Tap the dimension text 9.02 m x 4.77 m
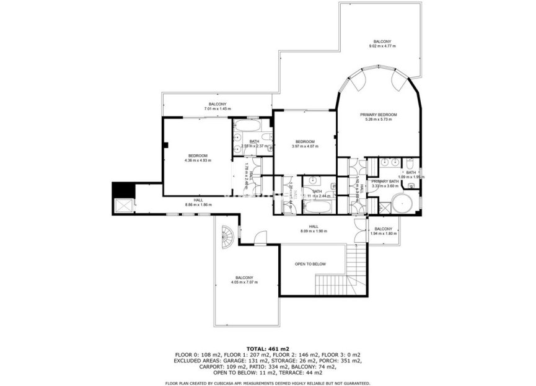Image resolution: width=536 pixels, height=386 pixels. pos(382,46)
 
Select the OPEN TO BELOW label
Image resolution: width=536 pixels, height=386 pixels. pos(310,264)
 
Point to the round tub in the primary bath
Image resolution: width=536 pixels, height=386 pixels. pos(405,204)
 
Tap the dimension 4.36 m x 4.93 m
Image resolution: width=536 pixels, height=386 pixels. pos(198,160)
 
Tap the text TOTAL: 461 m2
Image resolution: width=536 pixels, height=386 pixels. pos(268,349)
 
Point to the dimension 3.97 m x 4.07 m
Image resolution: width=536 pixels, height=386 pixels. pos(305,146)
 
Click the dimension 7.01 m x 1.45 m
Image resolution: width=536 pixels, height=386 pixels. pos(217,109)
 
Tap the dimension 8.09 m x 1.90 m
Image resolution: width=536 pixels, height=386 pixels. pos(314,232)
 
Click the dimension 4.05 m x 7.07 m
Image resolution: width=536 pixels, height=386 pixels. pos(244,283)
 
